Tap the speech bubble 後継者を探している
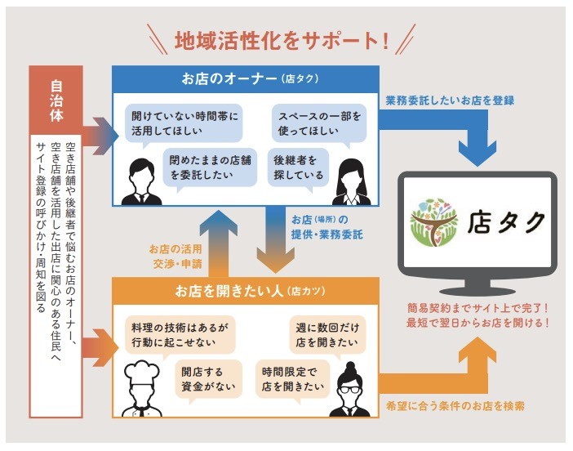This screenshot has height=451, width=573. pyautogui.click(x=300, y=167)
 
